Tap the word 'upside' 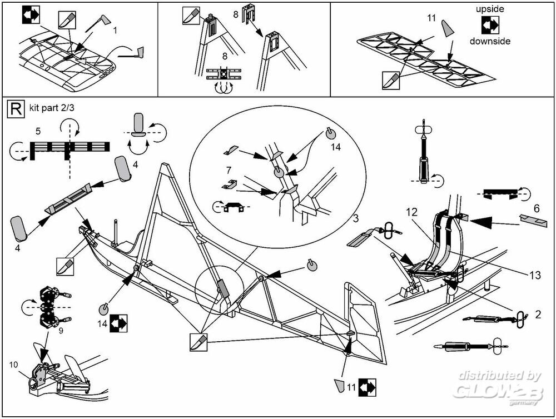pyautogui.click(x=489, y=9)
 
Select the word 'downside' pyautogui.click(x=490, y=41)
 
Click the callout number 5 pyautogui.click(x=38, y=131)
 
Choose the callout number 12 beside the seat pyautogui.click(x=411, y=212)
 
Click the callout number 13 pyautogui.click(x=535, y=276)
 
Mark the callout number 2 pyautogui.click(x=537, y=315)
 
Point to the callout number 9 pyautogui.click(x=60, y=331)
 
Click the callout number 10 pyautogui.click(x=13, y=365)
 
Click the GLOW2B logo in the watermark pyautogui.click(x=497, y=392)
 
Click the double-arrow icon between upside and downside pyautogui.click(x=490, y=25)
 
